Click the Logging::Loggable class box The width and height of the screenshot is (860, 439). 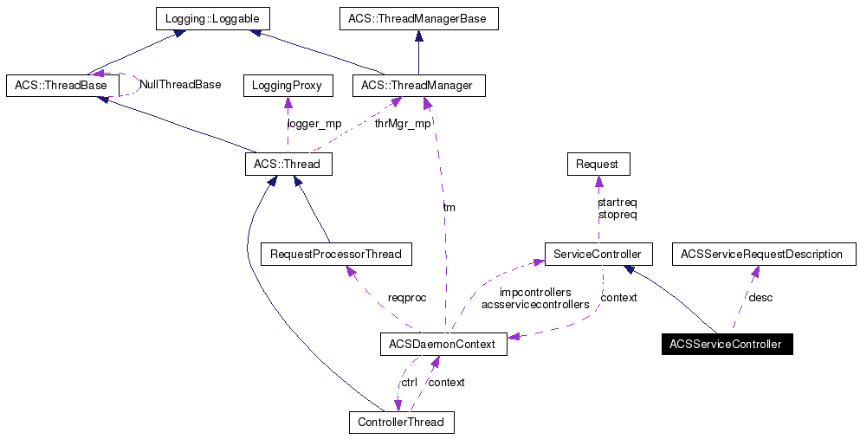coord(212,18)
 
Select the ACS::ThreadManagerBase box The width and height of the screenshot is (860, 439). coord(418,18)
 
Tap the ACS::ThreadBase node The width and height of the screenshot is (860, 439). coord(61,86)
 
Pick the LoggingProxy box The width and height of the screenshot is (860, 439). coord(287,86)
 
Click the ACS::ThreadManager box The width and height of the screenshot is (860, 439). coord(418,86)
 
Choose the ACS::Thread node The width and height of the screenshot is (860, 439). coord(288,164)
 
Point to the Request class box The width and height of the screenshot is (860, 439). coord(598,164)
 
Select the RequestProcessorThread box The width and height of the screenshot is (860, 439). coord(336,255)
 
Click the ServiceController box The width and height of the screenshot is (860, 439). coord(598,255)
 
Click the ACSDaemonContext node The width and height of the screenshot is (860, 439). coord(443,345)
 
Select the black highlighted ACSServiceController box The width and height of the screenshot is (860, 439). coord(726,345)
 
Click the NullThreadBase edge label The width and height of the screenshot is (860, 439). coord(180,85)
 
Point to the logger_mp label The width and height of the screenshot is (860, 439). coord(314,124)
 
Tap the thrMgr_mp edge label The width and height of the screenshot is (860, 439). coord(402,124)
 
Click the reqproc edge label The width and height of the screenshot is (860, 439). coord(407,298)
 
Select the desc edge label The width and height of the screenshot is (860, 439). coord(760,298)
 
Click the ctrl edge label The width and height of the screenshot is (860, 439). coord(408,382)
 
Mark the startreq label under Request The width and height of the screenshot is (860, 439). coord(618,202)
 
